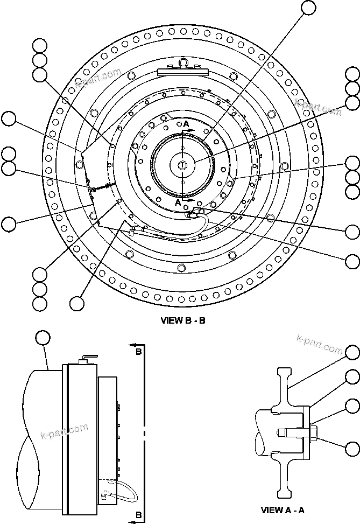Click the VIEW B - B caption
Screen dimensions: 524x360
pyautogui.click(x=183, y=320)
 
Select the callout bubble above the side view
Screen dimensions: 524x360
pyautogui.click(x=43, y=338)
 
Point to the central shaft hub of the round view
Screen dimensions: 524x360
pyautogui.click(x=183, y=164)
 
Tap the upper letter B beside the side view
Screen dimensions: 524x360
pyautogui.click(x=138, y=352)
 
